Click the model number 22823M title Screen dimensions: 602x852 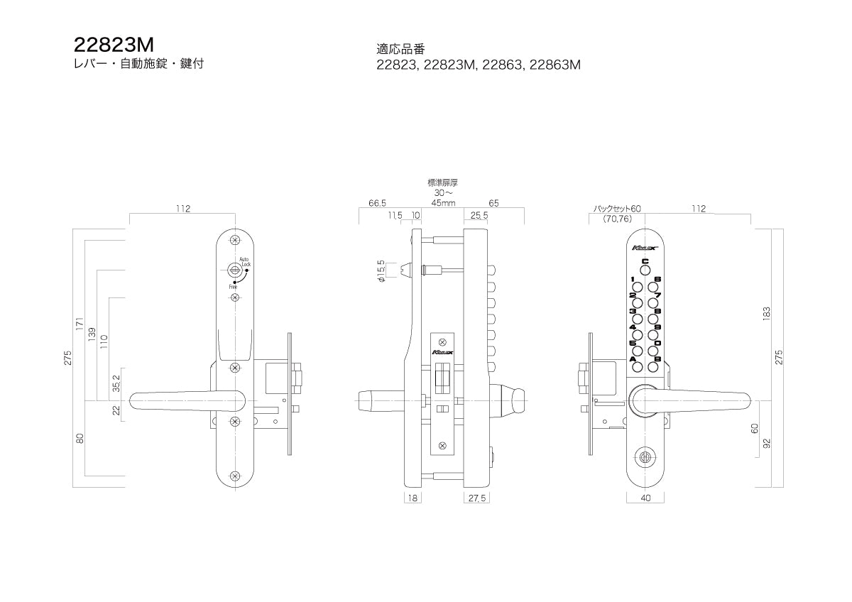pyautogui.click(x=114, y=45)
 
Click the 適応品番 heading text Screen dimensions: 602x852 pyautogui.click(x=400, y=49)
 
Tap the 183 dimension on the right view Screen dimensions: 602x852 pyautogui.click(x=767, y=312)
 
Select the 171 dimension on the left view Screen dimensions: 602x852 pyautogui.click(x=80, y=324)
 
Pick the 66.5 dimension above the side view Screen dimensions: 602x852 pyautogui.click(x=378, y=203)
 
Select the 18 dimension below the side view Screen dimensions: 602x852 pyautogui.click(x=413, y=498)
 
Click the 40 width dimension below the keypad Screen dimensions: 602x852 pyautogui.click(x=645, y=498)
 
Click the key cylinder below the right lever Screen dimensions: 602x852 pyautogui.click(x=645, y=457)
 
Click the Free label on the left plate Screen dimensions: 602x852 pyautogui.click(x=233, y=286)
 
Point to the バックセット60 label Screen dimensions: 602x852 pyautogui.click(x=617, y=209)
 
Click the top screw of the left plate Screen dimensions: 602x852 pyautogui.click(x=235, y=239)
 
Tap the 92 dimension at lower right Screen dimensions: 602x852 pyautogui.click(x=767, y=444)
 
